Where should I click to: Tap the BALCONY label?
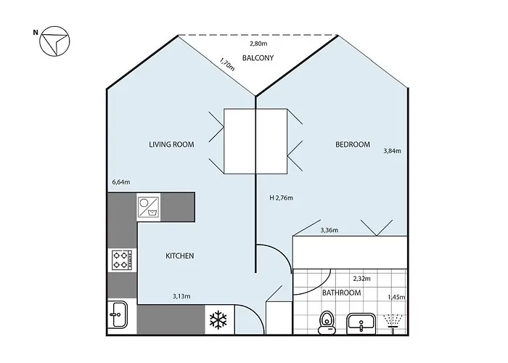[x=258, y=58]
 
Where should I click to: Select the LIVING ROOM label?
[x=171, y=144]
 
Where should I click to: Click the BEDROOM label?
[x=353, y=144]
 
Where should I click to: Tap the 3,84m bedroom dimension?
[x=392, y=151]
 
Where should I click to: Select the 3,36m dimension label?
[x=330, y=230]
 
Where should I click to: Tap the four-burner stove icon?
[x=120, y=259]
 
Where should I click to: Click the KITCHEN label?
[x=179, y=256]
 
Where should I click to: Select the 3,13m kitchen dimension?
[x=182, y=295]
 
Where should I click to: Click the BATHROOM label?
[x=341, y=293]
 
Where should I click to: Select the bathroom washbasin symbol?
[x=360, y=321]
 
